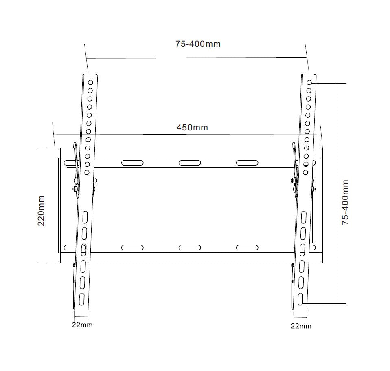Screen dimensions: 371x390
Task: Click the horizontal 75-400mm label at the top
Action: tap(198, 44)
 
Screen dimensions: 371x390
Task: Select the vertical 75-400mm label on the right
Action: tap(345, 202)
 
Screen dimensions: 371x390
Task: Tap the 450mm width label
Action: tap(192, 128)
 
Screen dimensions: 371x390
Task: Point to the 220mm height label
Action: tap(41, 210)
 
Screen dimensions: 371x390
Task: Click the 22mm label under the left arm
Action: tap(82, 325)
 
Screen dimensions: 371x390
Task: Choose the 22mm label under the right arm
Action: tap(301, 326)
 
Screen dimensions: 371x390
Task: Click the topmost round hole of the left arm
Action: tap(90, 82)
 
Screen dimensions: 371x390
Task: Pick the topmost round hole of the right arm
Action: tap(309, 82)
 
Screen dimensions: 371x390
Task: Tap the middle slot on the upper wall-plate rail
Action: tap(190, 163)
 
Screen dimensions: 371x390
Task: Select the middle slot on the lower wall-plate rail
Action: tap(190, 247)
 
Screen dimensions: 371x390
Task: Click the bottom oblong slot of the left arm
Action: tap(81, 297)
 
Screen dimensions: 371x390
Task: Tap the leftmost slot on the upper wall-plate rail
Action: tap(132, 163)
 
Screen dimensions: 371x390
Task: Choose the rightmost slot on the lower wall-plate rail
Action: tap(247, 247)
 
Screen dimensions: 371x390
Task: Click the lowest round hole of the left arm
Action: tap(87, 172)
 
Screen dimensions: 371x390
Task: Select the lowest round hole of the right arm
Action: tap(305, 172)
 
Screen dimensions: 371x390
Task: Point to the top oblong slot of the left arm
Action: tap(85, 216)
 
